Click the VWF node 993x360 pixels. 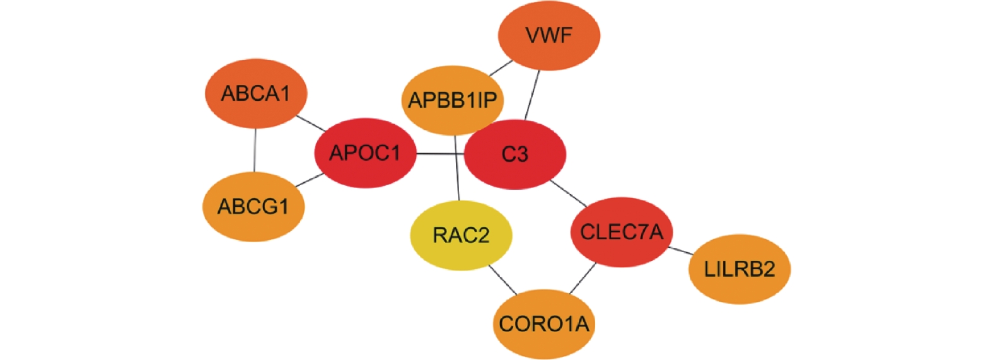[549, 35]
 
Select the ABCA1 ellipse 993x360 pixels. [255, 93]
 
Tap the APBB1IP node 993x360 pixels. [452, 100]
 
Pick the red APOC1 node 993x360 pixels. [365, 153]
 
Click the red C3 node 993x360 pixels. [514, 154]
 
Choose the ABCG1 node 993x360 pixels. [253, 206]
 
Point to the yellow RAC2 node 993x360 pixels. [461, 235]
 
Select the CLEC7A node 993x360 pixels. [621, 232]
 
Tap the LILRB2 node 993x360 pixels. [739, 269]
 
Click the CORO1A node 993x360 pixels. [543, 324]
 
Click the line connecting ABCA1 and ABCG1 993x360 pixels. [255, 150]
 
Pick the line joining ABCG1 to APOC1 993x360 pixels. [310, 180]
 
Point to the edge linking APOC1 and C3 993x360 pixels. [440, 154]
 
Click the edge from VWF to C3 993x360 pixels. [533, 95]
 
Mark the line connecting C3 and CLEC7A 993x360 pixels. [569, 193]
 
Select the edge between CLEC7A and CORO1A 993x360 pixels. [583, 278]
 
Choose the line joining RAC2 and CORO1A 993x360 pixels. [502, 279]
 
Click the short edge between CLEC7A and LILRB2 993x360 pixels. [680, 251]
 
